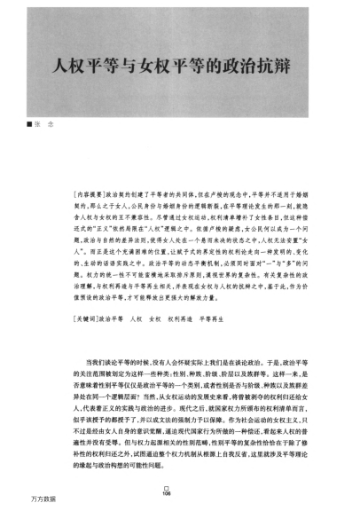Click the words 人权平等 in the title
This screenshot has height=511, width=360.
pos(87,67)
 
